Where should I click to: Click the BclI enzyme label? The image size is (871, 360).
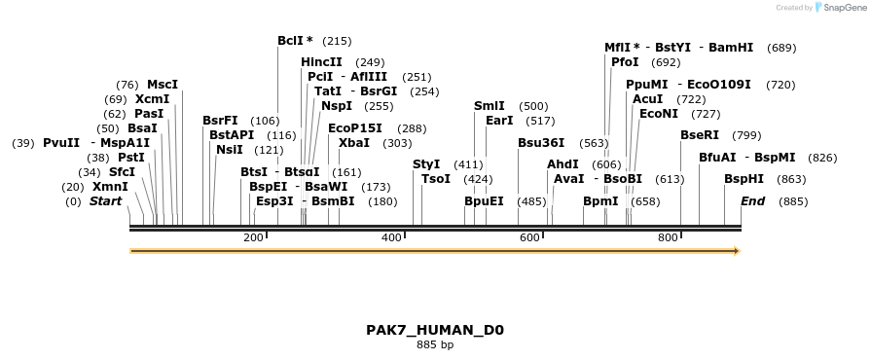[x=291, y=41]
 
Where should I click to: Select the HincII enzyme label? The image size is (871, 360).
[x=321, y=62]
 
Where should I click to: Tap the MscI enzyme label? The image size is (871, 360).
[x=163, y=85]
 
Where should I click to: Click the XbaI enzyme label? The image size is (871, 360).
[x=354, y=143]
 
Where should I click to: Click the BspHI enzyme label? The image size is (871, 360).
[x=744, y=179]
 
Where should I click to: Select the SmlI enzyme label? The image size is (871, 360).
[x=490, y=106]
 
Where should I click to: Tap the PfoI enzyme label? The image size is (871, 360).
[x=625, y=62]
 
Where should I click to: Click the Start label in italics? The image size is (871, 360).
[x=106, y=201]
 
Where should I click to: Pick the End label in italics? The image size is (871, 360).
[x=752, y=201]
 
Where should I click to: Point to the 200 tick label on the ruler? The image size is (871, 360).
[x=253, y=238]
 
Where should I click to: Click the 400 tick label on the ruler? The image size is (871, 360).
[x=391, y=238]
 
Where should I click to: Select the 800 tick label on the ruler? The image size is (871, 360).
[x=668, y=238]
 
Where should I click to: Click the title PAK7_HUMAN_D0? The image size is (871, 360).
[x=435, y=330]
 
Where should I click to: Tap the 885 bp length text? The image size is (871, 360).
[x=435, y=344]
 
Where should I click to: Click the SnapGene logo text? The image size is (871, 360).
[x=843, y=8]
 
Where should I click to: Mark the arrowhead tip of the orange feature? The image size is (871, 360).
[x=739, y=251]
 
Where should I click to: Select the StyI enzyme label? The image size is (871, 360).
[x=426, y=164]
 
